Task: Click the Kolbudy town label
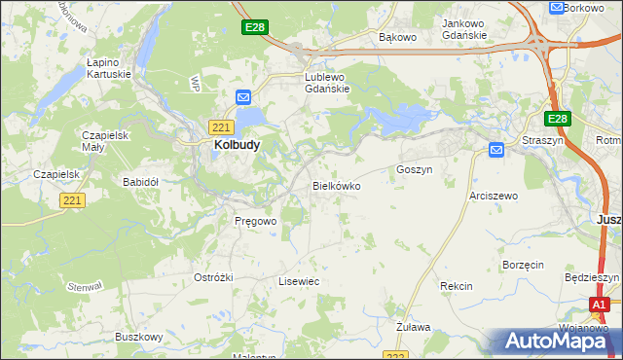click(235, 145)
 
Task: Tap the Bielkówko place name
click(337, 185)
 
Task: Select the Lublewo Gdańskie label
click(326, 83)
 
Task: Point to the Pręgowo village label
click(256, 221)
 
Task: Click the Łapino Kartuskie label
click(109, 67)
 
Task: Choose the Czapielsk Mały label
click(105, 141)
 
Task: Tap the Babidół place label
click(140, 182)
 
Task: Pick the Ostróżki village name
click(213, 277)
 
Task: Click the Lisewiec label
click(299, 281)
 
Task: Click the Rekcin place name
click(456, 286)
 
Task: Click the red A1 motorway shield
click(602, 305)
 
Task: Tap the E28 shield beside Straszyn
click(556, 119)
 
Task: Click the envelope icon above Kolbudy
click(243, 97)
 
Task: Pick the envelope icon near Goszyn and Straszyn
click(495, 150)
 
